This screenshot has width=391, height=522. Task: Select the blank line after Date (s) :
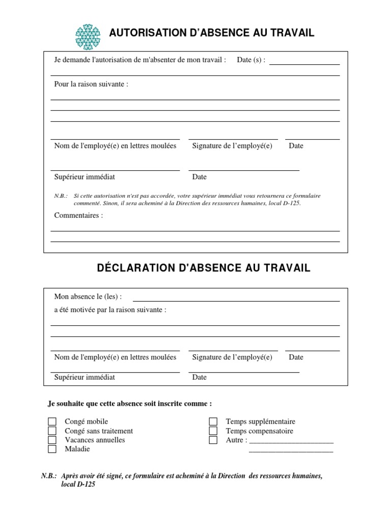pos(304,61)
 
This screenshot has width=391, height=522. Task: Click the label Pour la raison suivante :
pos(91,84)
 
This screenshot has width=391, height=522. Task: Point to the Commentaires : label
pos(78,215)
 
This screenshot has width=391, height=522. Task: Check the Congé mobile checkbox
pos(52,422)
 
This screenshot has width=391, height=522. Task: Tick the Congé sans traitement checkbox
pos(52,431)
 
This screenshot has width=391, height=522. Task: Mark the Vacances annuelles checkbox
pos(52,440)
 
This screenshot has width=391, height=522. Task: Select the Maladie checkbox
pos(52,449)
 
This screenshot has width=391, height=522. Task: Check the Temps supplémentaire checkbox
pos(213,422)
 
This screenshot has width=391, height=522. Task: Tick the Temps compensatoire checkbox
pos(213,431)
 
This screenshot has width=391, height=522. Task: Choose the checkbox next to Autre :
pos(213,440)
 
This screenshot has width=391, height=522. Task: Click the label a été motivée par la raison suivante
pos(110,309)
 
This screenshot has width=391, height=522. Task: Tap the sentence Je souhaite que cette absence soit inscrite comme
pos(130,403)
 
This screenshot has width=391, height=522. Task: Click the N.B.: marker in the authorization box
pos(61,196)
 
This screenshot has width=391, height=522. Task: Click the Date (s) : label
pos(251,60)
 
